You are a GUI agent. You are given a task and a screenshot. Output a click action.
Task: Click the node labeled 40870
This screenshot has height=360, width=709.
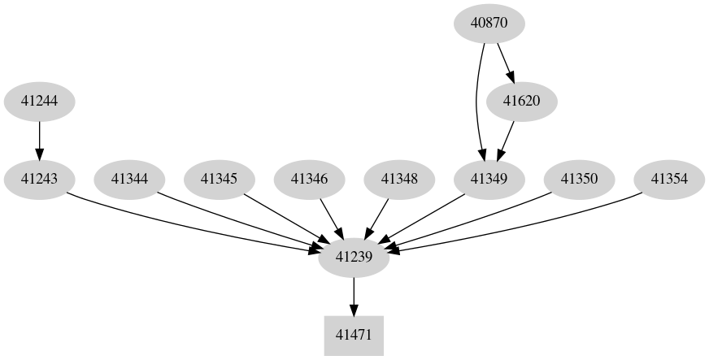click(489, 23)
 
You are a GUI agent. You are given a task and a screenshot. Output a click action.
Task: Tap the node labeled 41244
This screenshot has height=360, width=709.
click(39, 102)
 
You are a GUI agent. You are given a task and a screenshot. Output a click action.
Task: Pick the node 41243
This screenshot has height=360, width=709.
click(39, 179)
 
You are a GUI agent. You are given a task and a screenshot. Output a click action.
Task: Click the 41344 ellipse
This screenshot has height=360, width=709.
click(129, 179)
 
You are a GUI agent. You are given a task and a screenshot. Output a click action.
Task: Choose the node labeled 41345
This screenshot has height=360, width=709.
click(219, 179)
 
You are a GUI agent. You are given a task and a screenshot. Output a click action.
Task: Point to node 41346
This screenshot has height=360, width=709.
click(309, 179)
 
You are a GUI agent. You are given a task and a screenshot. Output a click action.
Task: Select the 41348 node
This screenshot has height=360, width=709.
click(399, 179)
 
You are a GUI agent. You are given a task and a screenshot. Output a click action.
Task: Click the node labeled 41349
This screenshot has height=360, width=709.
click(489, 179)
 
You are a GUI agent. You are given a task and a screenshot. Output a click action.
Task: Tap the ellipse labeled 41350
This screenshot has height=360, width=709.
click(580, 179)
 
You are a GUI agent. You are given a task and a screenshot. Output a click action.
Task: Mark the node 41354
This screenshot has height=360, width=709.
click(669, 179)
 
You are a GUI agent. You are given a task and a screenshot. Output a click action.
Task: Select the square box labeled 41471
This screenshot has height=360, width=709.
click(354, 335)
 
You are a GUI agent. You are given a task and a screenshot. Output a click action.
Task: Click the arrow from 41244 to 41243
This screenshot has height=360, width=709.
click(39, 140)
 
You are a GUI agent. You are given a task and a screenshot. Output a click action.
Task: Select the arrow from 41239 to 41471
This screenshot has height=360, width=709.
click(354, 296)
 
